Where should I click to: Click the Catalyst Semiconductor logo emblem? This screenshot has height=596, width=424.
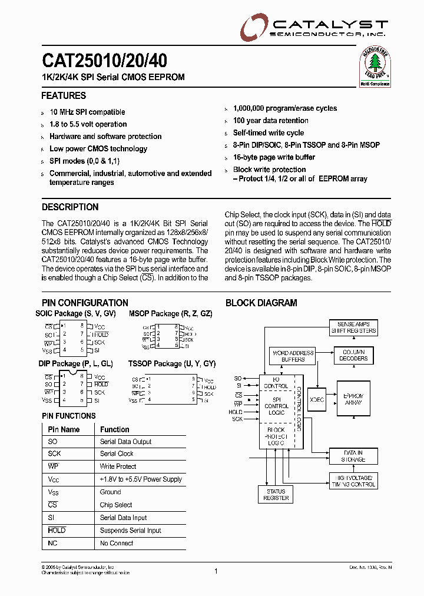[x=253, y=27]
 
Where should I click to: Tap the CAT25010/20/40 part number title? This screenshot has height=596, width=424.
[x=104, y=61]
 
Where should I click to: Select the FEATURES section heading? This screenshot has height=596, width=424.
[x=64, y=96]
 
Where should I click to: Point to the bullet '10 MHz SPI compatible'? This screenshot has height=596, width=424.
[x=87, y=112]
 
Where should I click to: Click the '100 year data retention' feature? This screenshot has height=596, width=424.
[x=270, y=121]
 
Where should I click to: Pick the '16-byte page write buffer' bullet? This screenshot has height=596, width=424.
[x=274, y=157]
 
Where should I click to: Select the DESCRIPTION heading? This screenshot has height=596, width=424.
[x=70, y=207]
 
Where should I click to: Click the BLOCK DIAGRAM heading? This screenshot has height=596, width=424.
[x=261, y=303]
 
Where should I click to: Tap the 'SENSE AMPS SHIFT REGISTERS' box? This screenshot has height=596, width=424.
[x=353, y=327]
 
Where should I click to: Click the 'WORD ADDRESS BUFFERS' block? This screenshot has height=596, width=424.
[x=293, y=356]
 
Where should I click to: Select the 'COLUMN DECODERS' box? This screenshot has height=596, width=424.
[x=353, y=355]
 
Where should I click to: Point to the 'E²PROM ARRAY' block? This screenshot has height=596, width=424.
[x=353, y=399]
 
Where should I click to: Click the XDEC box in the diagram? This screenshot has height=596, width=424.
[x=317, y=399]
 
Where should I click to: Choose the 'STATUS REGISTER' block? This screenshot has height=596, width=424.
[x=276, y=495]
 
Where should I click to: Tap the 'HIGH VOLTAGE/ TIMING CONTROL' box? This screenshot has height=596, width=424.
[x=353, y=481]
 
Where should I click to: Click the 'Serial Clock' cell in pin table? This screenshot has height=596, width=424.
[x=117, y=454]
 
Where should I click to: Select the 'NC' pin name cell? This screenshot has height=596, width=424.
[x=53, y=543]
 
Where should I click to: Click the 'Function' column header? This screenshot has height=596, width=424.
[x=114, y=430]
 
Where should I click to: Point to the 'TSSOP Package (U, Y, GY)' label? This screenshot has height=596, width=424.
[x=172, y=365]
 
